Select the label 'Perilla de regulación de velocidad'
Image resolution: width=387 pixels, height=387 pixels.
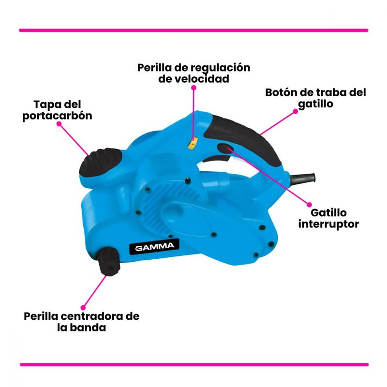193,73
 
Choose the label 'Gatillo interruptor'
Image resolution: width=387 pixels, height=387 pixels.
329,218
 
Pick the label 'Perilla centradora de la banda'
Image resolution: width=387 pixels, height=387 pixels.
82,322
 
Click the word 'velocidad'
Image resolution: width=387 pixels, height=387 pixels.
193,78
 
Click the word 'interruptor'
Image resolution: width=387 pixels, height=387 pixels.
329,224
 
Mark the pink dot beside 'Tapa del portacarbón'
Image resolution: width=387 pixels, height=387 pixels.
60,124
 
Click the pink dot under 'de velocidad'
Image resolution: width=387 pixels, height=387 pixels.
193,89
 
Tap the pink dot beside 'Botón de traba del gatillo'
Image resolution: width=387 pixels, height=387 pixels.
296,111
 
